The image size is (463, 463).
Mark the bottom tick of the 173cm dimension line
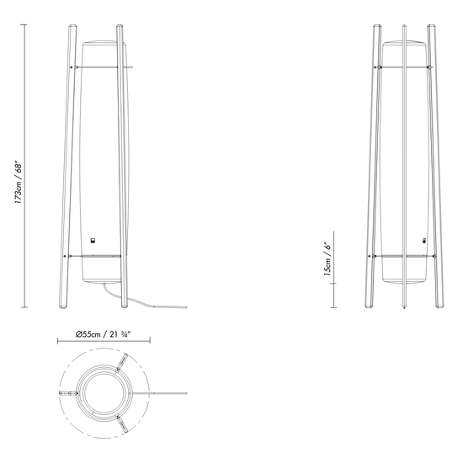tap(24, 308)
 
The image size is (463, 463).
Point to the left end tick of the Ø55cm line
tap(57, 340)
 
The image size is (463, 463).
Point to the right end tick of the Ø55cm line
tap(149, 340)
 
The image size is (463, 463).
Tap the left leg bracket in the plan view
tap(67, 393)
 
